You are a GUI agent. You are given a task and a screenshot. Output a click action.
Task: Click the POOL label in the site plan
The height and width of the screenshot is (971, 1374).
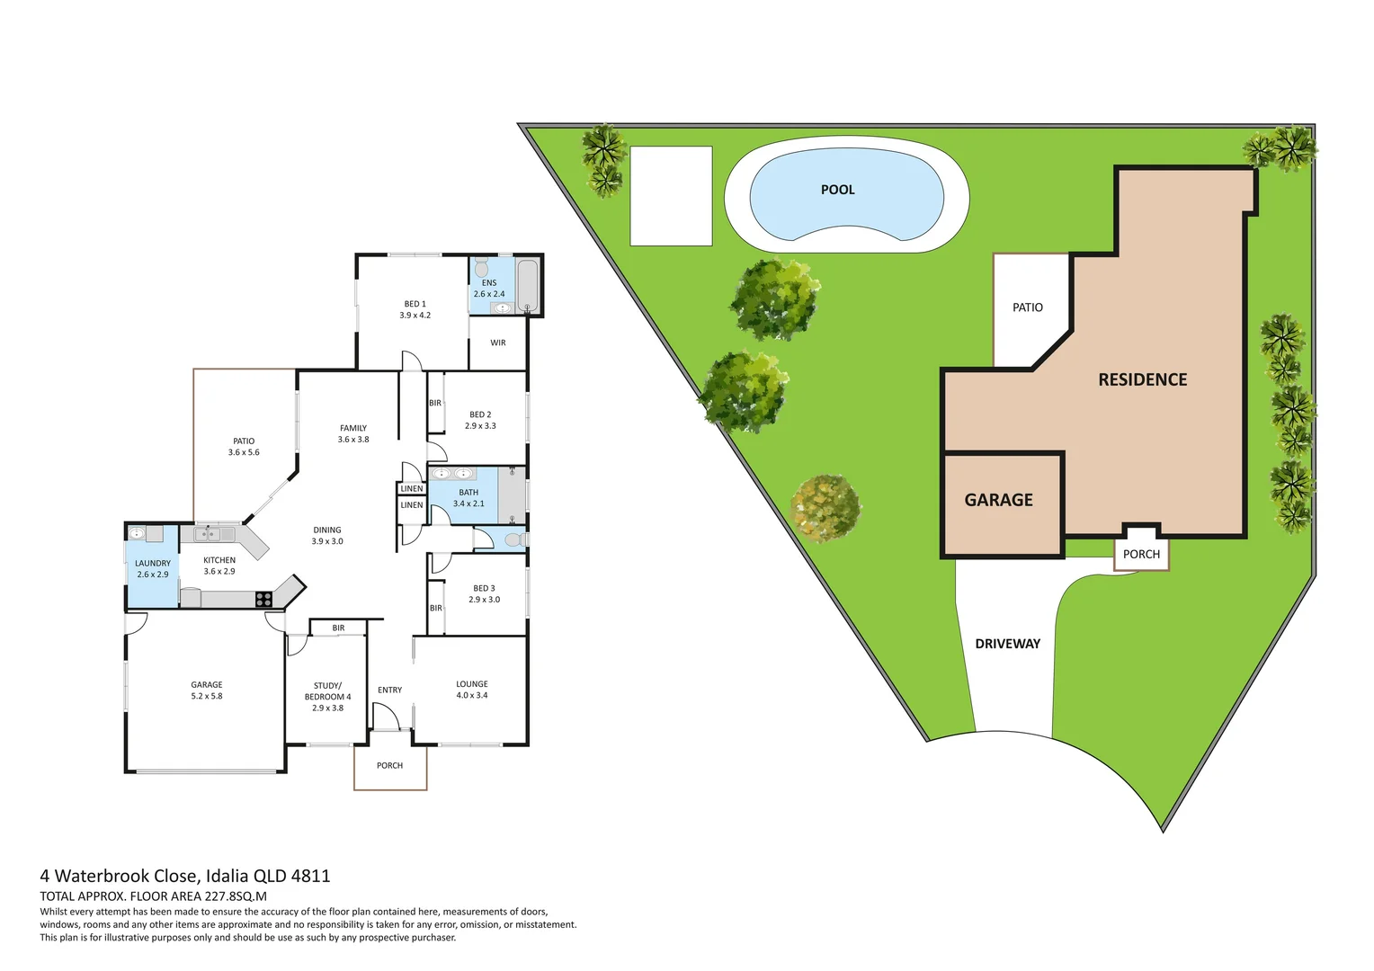coord(837,190)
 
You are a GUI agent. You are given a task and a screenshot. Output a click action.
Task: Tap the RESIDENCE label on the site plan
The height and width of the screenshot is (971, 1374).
coord(1142,379)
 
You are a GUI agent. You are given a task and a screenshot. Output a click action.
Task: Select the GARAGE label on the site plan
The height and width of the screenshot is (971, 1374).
coord(998,500)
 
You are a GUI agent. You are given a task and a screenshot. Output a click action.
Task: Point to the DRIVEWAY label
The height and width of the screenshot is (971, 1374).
coord(1007,644)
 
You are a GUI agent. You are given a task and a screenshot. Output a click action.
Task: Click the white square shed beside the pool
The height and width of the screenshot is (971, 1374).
coord(671,196)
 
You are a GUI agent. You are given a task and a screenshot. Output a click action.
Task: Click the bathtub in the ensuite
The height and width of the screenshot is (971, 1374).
coord(528,286)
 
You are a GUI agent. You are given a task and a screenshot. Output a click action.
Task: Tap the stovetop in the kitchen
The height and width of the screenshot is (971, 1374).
coord(263,599)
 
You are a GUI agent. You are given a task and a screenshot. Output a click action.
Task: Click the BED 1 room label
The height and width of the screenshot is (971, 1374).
coord(415,304)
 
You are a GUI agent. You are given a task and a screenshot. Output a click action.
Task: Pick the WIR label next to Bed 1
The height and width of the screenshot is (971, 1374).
coord(498,343)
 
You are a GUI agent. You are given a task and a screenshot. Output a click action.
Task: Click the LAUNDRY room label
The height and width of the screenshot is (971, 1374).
coord(153,564)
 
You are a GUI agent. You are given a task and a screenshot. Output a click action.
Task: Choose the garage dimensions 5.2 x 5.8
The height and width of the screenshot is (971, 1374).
coord(207,696)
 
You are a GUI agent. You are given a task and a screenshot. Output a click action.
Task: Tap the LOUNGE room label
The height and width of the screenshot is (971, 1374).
coord(471,684)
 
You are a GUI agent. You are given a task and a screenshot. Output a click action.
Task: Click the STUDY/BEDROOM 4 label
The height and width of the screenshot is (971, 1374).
coord(327,691)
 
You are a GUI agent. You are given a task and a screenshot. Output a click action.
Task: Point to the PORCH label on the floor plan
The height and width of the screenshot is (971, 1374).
coord(389,766)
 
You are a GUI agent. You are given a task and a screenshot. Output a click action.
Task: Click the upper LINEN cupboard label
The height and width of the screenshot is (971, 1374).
coord(412,489)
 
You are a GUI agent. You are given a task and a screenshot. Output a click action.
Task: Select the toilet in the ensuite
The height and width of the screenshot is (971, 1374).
coord(481,268)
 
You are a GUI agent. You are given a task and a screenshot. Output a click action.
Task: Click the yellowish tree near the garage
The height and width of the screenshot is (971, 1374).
coord(825,508)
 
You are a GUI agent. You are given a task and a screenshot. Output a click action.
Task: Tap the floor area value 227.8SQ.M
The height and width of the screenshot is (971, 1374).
coord(236,896)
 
